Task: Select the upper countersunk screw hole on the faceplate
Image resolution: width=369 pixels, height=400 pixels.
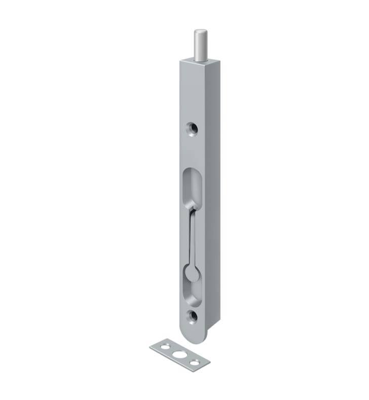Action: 191,129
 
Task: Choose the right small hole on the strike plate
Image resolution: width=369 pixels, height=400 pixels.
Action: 193,361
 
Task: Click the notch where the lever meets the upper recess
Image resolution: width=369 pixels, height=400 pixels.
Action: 190,208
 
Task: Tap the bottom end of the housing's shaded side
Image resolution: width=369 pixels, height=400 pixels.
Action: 212,324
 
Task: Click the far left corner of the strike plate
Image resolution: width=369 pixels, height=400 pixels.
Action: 151,347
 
